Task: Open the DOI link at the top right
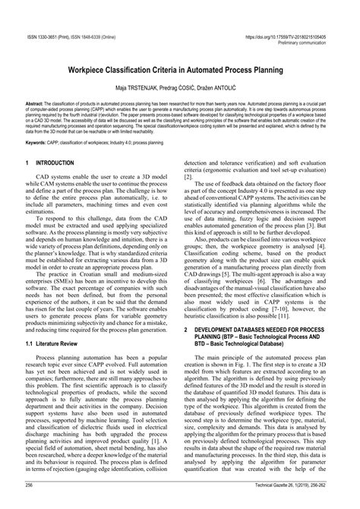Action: coord(291,36)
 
